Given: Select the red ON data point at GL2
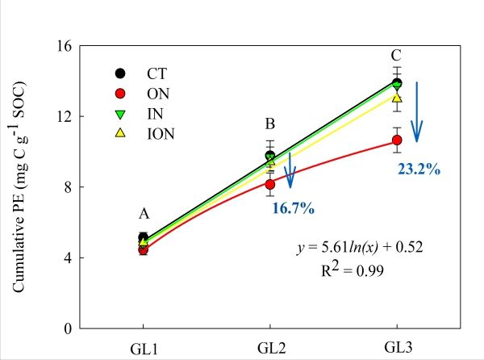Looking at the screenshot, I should [270, 184].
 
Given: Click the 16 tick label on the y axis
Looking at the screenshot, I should [65, 46].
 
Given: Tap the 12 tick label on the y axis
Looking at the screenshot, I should [65, 116].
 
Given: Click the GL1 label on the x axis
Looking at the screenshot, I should [143, 347].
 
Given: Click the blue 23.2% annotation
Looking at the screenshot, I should [417, 170].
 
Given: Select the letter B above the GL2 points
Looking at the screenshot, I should [270, 124].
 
